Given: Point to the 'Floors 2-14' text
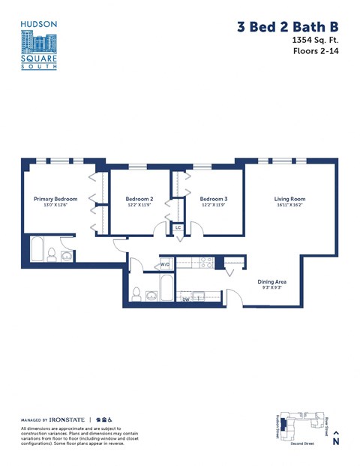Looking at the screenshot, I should [x=315, y=53].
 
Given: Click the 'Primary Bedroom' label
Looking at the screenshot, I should [x=55, y=199].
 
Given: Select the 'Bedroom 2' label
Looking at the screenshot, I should [x=139, y=199].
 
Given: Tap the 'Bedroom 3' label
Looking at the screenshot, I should [x=213, y=199].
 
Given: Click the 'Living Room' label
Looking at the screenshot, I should [x=289, y=199].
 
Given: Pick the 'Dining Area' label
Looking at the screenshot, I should [x=266, y=281].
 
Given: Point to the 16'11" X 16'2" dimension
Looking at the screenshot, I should [x=289, y=205].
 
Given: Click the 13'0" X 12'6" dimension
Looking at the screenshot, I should [x=55, y=205].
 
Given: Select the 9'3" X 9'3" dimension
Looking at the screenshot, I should [x=266, y=287].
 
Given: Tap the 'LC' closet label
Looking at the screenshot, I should [x=178, y=228].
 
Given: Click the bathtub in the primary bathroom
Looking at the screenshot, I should [x=37, y=249].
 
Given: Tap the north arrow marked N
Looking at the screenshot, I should [x=336, y=437].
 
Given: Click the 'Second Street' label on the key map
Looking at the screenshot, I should [x=302, y=444].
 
